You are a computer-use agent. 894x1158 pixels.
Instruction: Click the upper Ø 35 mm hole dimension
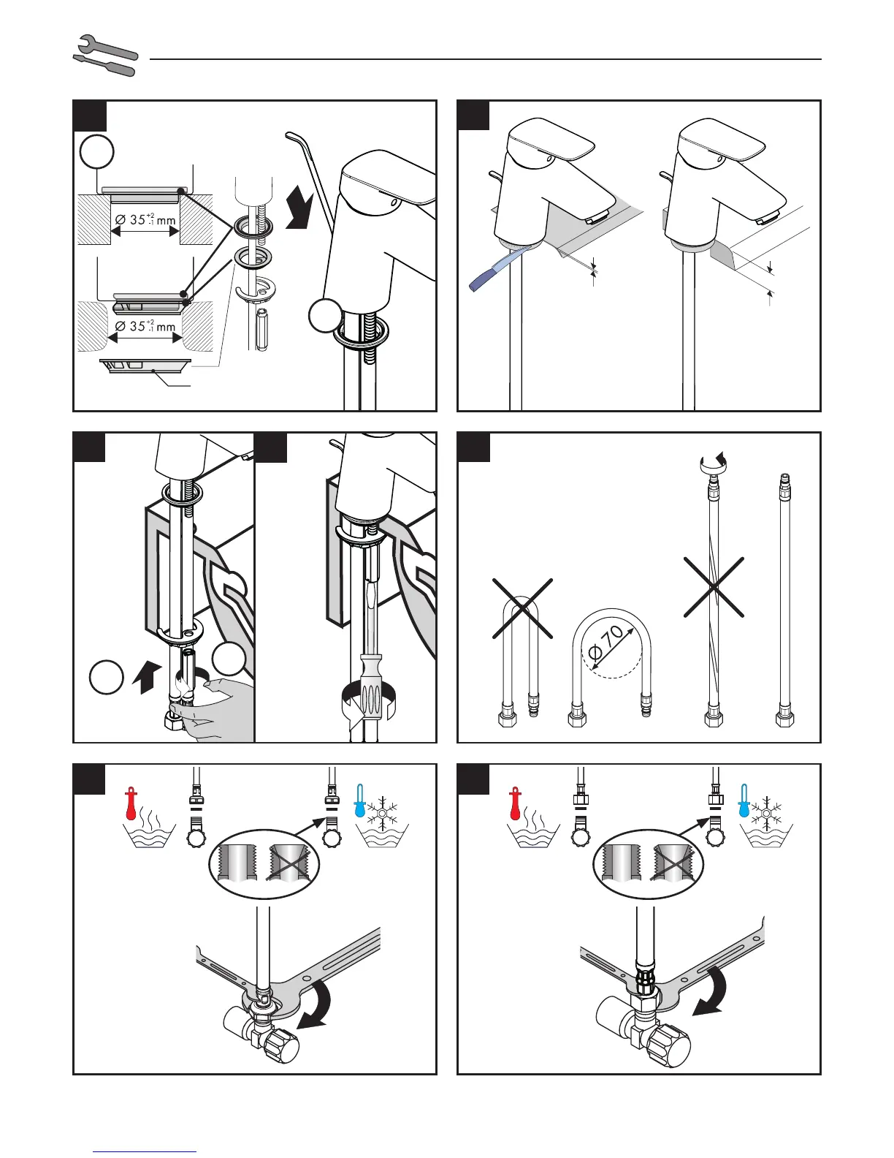click(x=145, y=219)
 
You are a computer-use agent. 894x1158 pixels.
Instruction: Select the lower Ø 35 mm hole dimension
click(x=145, y=326)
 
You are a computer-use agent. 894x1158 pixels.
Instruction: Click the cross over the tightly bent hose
click(x=522, y=608)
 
